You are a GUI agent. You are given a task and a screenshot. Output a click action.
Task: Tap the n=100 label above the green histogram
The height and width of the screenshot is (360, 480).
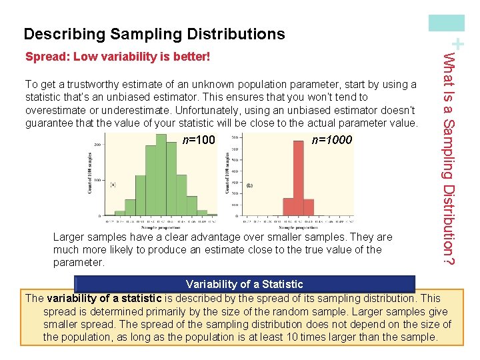[x=199, y=141]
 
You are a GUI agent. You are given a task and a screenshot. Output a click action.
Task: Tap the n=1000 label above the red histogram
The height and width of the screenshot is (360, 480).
[x=331, y=141]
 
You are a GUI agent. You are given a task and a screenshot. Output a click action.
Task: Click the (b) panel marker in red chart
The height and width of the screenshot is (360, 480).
[x=250, y=185]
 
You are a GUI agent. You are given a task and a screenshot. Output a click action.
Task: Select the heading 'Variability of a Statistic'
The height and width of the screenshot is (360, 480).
[x=244, y=285]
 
